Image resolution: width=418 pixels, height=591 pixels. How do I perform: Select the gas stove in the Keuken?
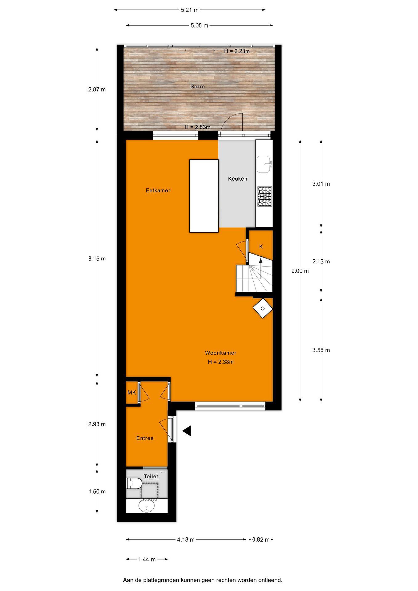(264, 196)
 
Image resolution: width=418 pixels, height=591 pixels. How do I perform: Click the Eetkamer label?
(158, 190)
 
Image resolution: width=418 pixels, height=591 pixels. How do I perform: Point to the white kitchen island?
(204, 196)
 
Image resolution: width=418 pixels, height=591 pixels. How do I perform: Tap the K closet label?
(261, 247)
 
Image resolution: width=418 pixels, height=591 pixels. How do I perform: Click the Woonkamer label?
(221, 353)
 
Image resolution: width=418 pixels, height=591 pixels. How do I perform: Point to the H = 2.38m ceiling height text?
(221, 362)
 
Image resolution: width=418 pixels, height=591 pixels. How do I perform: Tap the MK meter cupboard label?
(132, 393)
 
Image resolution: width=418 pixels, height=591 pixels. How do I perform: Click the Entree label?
(145, 438)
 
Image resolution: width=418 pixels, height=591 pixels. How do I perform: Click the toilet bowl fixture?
(134, 483)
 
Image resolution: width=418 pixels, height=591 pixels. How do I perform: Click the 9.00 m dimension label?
(300, 271)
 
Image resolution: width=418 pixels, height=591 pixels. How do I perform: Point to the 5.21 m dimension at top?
(190, 10)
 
